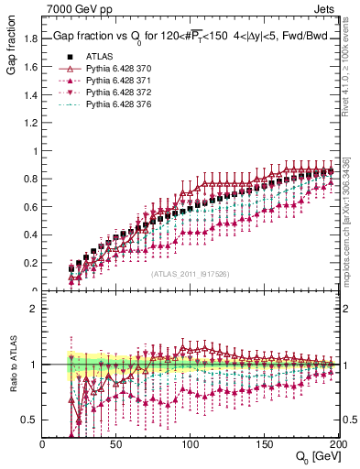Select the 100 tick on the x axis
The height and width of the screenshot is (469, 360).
click(x=191, y=444)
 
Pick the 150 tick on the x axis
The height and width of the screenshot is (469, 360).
click(x=265, y=444)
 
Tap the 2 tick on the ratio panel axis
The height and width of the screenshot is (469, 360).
click(x=35, y=309)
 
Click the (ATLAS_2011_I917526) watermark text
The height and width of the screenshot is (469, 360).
click(x=190, y=274)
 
